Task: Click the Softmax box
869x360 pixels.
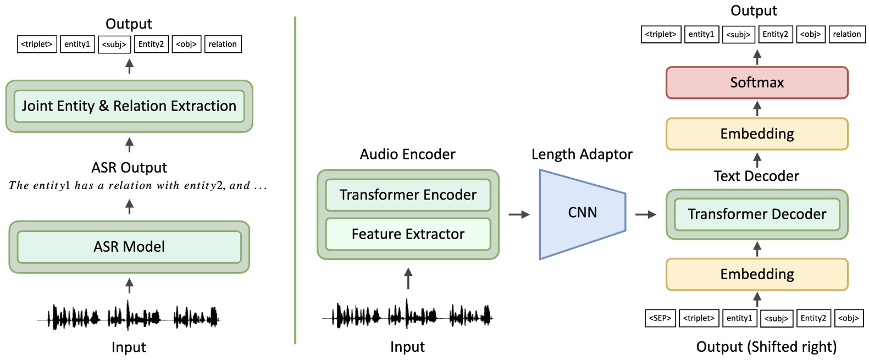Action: [756, 82]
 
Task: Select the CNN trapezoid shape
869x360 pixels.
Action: [582, 213]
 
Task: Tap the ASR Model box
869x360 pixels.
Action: [129, 247]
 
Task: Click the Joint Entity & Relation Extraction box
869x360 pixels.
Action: [129, 106]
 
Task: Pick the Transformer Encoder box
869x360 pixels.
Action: [408, 195]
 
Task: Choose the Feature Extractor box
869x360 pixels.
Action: [408, 234]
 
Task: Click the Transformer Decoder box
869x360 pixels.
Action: [756, 214]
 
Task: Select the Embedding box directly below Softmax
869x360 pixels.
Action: [756, 134]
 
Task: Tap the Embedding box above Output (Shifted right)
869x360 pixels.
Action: [756, 274]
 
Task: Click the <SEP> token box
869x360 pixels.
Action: [660, 318]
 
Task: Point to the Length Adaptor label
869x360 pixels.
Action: [582, 154]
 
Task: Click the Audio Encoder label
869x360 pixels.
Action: [407, 154]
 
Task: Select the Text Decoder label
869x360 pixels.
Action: [756, 176]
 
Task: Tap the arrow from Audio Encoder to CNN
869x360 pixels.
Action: [518, 214]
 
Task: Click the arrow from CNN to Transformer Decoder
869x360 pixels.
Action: [645, 214]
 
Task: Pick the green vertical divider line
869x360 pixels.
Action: [295, 181]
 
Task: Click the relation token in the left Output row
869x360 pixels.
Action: [223, 45]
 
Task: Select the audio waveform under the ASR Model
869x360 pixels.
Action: [129, 317]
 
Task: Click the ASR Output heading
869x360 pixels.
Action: [129, 168]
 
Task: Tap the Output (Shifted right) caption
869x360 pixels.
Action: [766, 347]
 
